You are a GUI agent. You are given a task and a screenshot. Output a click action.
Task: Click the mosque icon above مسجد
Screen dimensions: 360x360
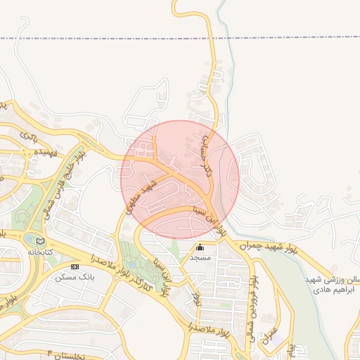[x=200, y=247]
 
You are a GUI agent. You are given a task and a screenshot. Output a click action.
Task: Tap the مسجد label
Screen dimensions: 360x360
[x=200, y=257]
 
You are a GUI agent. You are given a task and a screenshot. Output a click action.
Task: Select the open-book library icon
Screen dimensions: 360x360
[x=40, y=241]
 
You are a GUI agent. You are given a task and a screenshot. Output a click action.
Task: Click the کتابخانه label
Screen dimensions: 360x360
[x=40, y=251]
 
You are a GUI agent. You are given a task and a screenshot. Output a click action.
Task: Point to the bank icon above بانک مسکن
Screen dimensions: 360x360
[x=75, y=266]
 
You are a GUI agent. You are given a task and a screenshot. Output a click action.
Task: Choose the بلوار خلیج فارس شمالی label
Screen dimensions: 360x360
[x=66, y=175]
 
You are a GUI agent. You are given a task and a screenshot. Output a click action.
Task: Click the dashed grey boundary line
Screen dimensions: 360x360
[x=105, y=37]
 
